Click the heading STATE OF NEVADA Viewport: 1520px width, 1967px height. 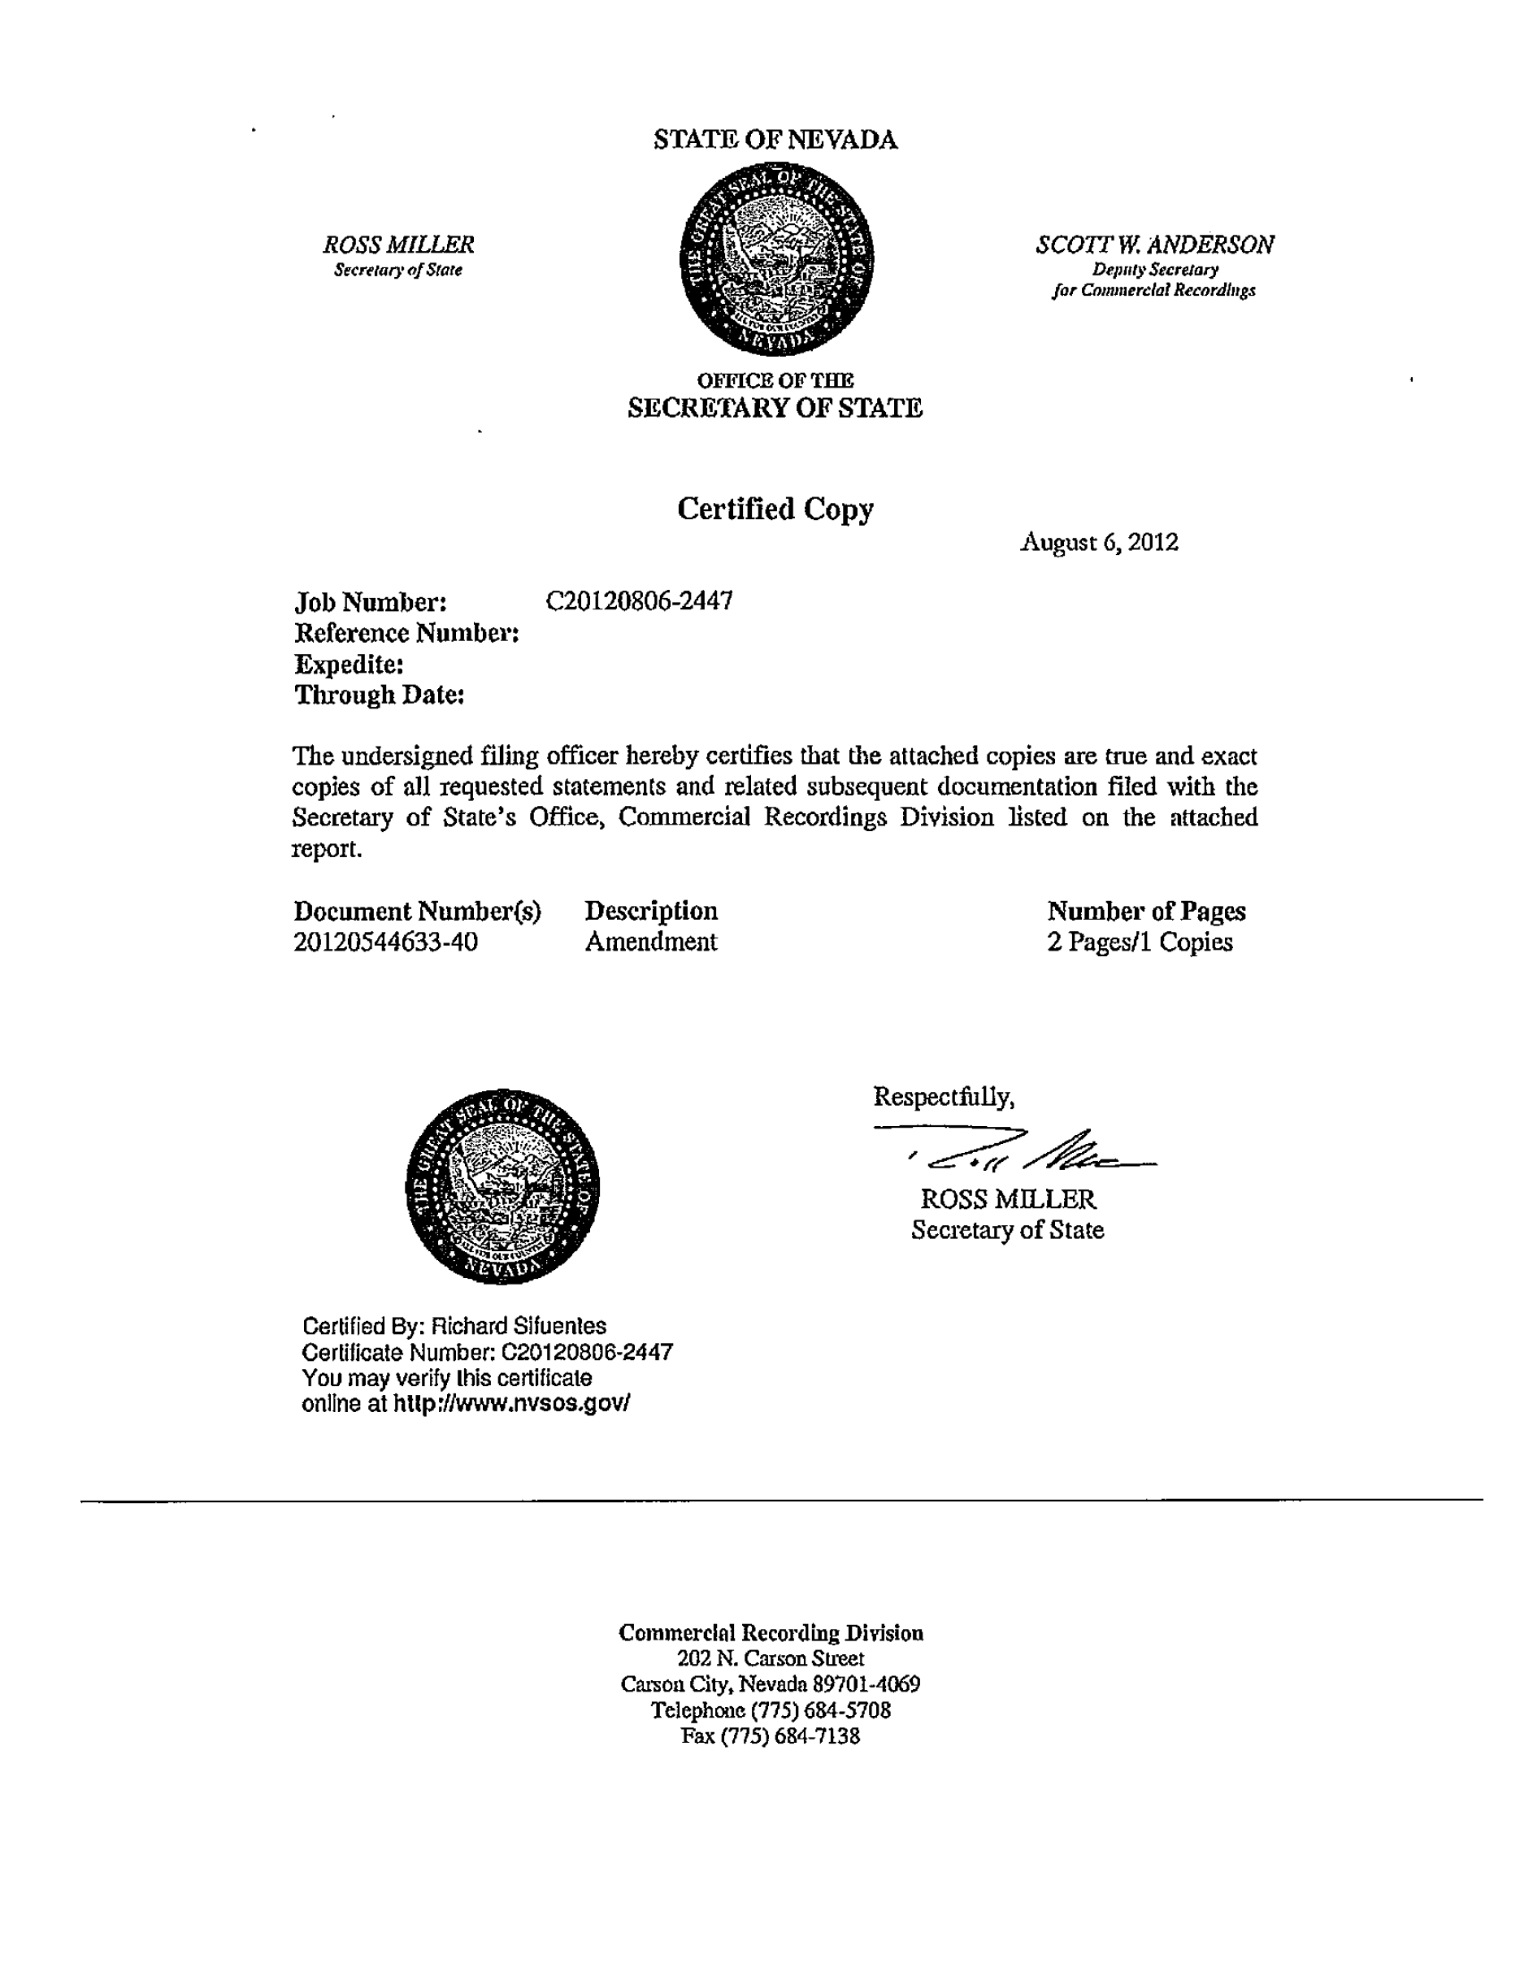[x=775, y=140]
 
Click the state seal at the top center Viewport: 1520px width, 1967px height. [x=775, y=259]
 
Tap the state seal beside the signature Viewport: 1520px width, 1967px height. [x=502, y=1185]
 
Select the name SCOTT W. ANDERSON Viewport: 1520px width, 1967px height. [x=1154, y=245]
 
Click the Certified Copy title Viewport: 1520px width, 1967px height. [x=775, y=509]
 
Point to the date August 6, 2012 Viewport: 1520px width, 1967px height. [x=1098, y=542]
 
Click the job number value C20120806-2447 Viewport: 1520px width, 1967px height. [x=639, y=600]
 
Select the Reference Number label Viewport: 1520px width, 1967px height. [x=406, y=633]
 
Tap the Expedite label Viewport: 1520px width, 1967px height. [x=349, y=665]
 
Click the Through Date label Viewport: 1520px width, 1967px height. [x=380, y=695]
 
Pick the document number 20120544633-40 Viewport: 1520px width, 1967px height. [x=385, y=942]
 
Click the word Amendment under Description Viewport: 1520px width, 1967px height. [x=650, y=942]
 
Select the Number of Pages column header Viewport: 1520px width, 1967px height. [x=1146, y=912]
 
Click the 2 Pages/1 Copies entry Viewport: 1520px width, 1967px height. [x=1140, y=942]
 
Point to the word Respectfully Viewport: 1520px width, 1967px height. [x=944, y=1097]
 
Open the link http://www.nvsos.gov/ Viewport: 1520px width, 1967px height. [x=511, y=1403]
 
